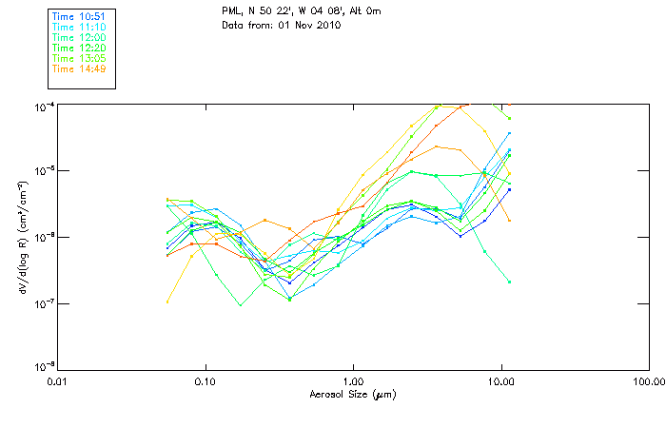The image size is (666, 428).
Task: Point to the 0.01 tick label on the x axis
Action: [x=57, y=382]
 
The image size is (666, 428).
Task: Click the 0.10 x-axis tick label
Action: [x=205, y=382]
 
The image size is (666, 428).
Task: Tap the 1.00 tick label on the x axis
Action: [x=353, y=382]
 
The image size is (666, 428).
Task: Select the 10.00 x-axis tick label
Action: [x=500, y=382]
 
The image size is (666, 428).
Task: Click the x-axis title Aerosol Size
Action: [x=353, y=393]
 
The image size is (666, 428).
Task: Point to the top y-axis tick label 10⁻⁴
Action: [x=44, y=105]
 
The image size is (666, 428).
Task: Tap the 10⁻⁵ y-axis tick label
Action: [x=44, y=170]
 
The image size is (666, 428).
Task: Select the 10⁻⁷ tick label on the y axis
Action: [x=44, y=303]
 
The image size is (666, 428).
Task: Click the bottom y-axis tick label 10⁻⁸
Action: [x=44, y=368]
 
